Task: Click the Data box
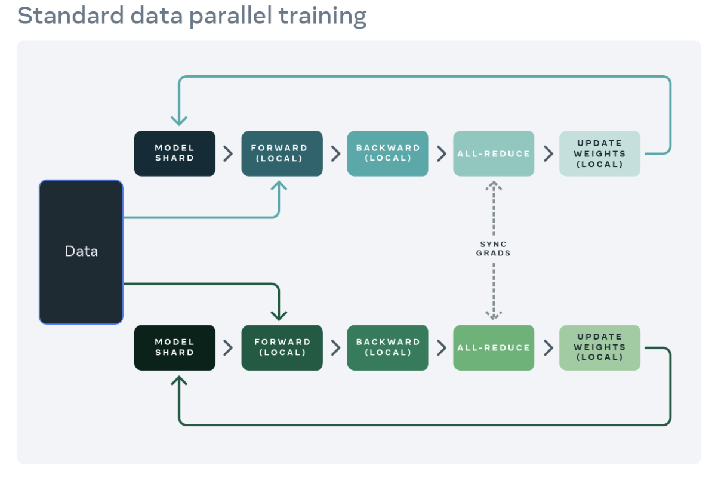81,252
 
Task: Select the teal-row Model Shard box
174,153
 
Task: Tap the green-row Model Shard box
174,347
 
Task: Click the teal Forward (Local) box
282,153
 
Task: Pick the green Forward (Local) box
282,347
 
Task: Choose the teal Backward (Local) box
387,153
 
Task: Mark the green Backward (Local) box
387,347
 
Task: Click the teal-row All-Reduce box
494,153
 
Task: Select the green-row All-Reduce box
494,347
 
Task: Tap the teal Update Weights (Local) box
599,153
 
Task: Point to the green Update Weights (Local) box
599,347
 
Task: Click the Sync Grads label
494,248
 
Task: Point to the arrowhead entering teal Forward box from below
279,186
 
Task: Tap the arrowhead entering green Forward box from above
279,314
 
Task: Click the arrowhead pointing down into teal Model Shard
179,121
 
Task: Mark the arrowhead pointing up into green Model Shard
179,380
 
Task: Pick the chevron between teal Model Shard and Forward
228,153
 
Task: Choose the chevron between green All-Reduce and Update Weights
547,347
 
